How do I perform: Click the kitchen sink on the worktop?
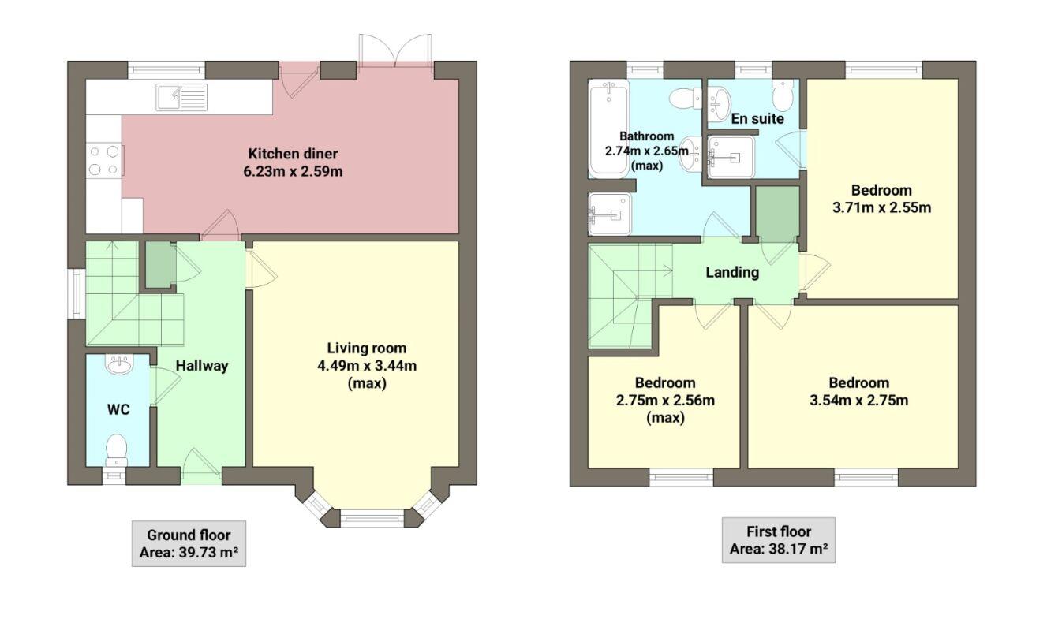181,97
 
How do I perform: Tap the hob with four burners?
103,159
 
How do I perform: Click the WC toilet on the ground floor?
117,449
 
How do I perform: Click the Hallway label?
202,366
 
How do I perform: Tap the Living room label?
366,348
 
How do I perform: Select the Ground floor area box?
188,543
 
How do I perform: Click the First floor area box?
778,540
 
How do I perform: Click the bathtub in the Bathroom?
608,130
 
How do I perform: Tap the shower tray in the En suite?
731,157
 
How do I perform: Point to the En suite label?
757,119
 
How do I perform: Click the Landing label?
731,273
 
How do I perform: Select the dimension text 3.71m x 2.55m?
881,208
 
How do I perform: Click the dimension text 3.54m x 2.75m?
858,401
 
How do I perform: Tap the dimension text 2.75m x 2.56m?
665,401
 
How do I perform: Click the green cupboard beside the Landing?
776,214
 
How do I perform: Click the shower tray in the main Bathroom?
611,214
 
